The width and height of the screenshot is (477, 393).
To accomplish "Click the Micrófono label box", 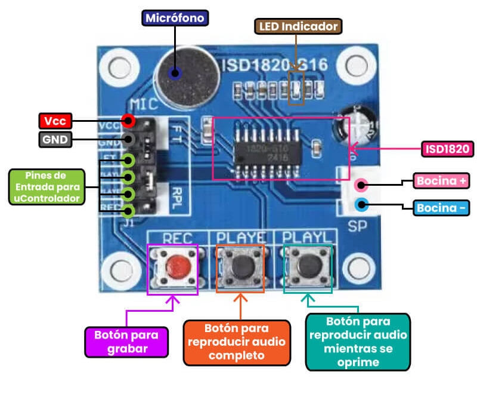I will tap(175, 18).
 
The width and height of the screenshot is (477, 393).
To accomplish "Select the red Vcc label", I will tap(55, 121).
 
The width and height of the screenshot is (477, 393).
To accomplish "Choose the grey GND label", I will tap(55, 140).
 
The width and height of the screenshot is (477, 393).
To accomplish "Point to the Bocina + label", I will tap(442, 180).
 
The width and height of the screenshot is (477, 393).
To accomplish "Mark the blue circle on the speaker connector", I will tap(361, 205).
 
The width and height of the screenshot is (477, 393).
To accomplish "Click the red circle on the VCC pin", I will tap(128, 121).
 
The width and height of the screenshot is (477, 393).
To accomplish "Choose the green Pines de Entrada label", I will tap(47, 187).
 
